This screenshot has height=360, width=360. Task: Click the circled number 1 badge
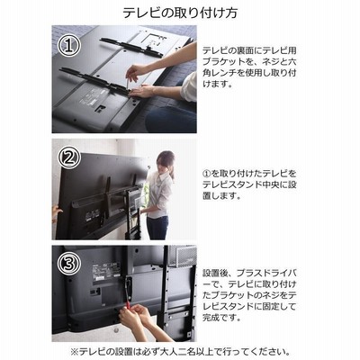69,46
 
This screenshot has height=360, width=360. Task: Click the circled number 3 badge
69,264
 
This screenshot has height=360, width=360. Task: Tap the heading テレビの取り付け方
180,13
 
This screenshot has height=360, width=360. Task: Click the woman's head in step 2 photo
165,162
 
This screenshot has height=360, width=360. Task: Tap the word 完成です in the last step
221,318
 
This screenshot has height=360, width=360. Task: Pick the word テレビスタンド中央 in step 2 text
241,184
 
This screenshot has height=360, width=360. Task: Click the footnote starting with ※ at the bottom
180,351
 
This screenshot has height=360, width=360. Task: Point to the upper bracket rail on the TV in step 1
131,47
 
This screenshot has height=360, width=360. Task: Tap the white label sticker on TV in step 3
106,273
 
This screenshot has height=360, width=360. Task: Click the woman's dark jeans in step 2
157,228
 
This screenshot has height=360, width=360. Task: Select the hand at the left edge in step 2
56,213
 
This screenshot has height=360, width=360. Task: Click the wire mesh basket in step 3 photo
182,256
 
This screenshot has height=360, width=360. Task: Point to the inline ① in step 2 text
206,173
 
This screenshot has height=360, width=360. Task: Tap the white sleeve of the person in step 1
189,86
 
